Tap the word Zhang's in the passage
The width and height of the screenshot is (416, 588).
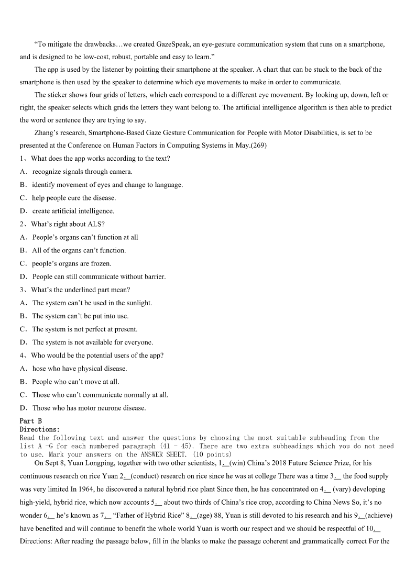46,133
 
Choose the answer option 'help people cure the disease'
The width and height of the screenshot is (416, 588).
74,198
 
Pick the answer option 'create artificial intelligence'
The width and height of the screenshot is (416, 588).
73,211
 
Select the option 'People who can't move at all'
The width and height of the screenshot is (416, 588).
75,382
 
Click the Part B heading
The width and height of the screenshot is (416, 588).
31,421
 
